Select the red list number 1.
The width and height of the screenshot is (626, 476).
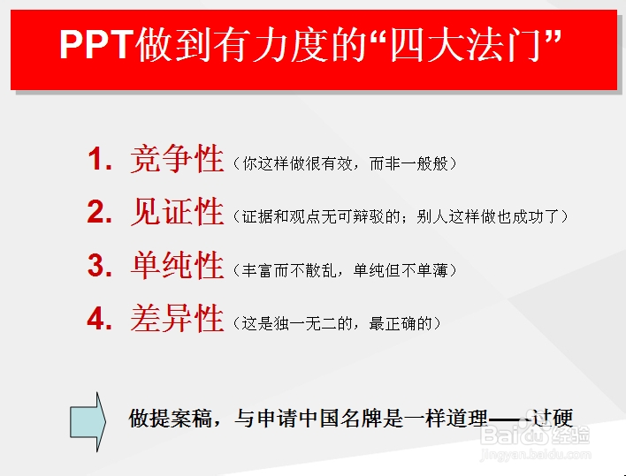[x=100, y=161]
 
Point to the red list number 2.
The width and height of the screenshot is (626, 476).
[x=100, y=213]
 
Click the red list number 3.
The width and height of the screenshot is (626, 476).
[x=100, y=266]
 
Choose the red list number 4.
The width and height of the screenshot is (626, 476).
[x=100, y=319]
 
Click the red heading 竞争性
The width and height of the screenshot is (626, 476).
[x=177, y=160]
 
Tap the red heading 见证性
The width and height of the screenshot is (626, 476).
[x=177, y=213]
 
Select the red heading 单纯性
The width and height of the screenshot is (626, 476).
[x=177, y=266]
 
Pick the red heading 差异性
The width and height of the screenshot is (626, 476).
[x=177, y=319]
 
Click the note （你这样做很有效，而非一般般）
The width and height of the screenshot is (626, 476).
[x=344, y=164]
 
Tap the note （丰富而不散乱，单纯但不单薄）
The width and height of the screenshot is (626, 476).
[x=344, y=269]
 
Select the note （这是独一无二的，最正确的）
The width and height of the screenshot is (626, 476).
[x=336, y=323]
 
